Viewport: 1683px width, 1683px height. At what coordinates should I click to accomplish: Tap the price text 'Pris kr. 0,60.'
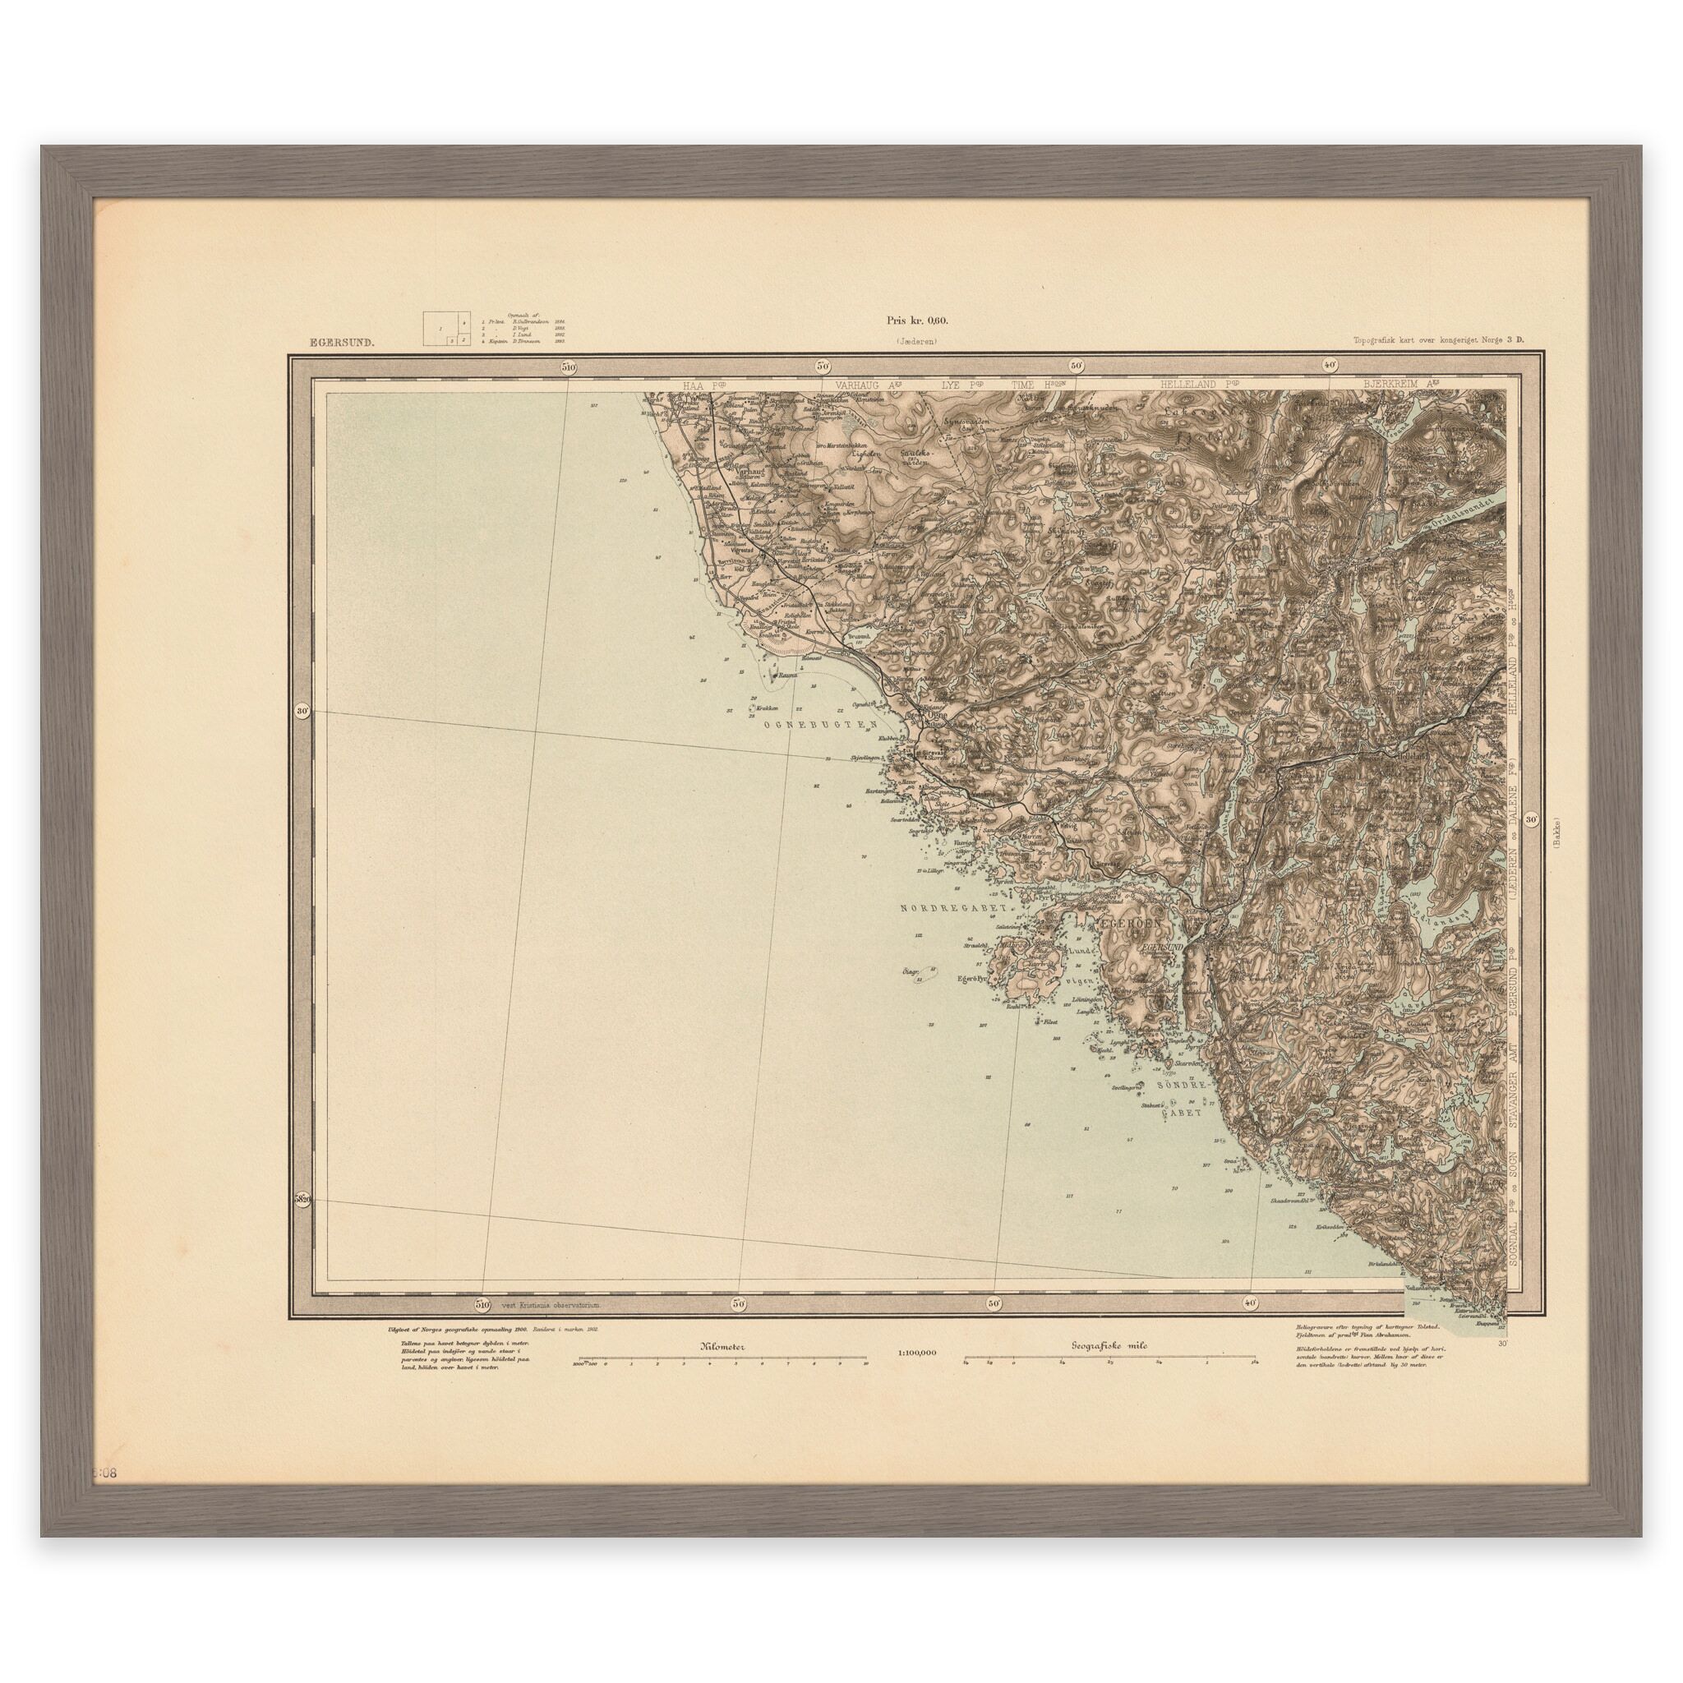tap(918, 320)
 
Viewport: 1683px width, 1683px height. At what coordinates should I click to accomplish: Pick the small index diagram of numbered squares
tap(440, 330)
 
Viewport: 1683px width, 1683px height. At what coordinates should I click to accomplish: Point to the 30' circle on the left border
tap(302, 711)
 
